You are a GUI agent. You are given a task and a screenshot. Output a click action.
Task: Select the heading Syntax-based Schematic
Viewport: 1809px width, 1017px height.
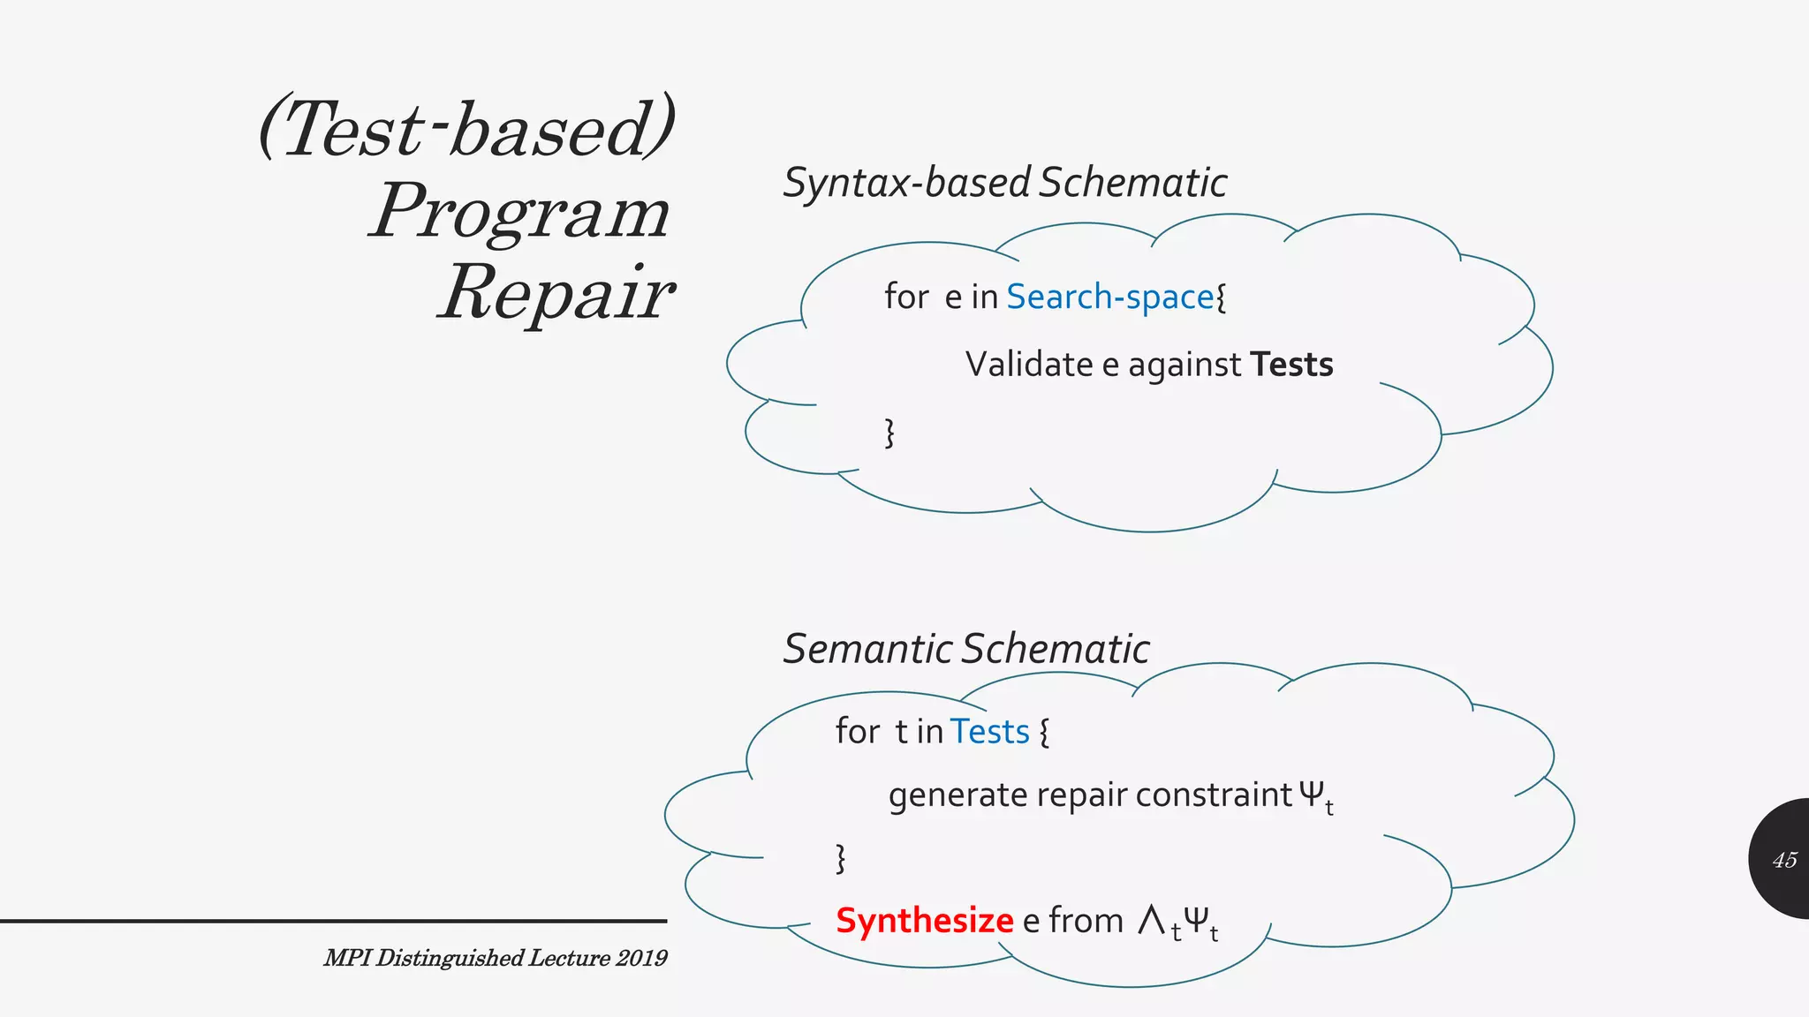pos(1004,183)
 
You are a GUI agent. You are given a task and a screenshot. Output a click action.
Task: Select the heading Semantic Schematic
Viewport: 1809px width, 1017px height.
pos(966,649)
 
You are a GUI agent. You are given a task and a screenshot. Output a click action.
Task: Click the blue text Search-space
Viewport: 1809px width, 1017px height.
pos(1109,297)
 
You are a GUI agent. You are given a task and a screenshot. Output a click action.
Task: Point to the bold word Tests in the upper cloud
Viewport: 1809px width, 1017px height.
pos(1291,365)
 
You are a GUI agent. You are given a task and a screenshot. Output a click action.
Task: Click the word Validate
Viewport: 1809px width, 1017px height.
pos(1029,365)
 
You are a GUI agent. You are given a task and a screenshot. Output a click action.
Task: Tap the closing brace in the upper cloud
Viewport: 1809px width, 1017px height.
pos(889,433)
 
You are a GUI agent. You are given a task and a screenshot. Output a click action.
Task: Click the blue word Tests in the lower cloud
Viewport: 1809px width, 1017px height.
pos(989,732)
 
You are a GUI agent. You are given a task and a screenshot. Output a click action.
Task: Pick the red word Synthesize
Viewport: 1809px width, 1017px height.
pos(924,921)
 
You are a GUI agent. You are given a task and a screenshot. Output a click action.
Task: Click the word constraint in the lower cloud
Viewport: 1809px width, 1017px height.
pos(1214,795)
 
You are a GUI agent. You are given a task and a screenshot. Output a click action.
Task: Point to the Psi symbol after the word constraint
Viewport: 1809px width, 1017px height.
pos(1312,795)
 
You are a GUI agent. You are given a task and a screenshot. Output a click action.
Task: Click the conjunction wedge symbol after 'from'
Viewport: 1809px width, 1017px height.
pos(1151,920)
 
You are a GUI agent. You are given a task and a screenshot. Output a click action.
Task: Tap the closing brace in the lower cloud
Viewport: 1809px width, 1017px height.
pos(840,858)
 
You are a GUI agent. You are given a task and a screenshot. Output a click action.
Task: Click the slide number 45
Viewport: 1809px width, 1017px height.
pos(1784,860)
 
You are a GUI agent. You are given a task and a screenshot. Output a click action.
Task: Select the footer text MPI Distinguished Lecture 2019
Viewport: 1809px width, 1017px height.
pos(495,958)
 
